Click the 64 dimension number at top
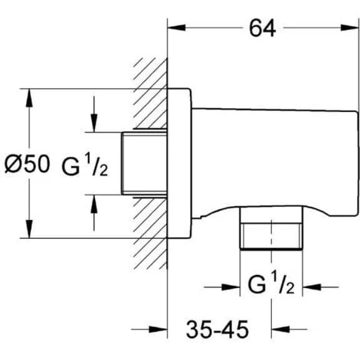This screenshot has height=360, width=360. [262, 28]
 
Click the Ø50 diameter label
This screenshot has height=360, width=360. [27, 164]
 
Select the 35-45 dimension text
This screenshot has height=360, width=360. [218, 329]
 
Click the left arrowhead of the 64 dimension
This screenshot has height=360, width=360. [176, 28]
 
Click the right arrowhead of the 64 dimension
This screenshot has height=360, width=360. [350, 28]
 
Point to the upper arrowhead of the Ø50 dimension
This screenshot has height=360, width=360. [30, 98]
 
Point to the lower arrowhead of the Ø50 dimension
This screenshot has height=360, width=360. [30, 229]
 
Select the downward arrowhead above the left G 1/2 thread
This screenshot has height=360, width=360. [94, 123]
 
